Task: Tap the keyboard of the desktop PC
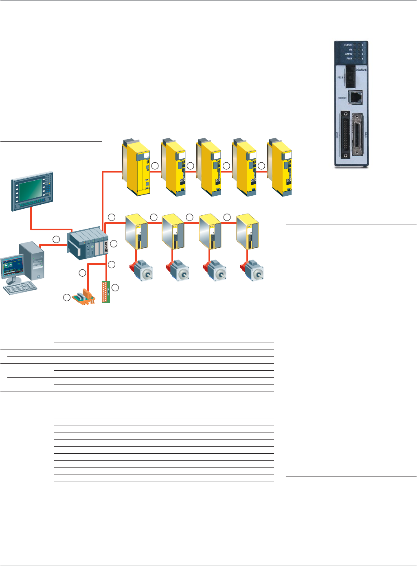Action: [x=20, y=288]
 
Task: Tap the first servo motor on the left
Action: [x=141, y=270]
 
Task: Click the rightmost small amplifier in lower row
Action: [x=247, y=231]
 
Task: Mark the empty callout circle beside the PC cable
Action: [x=56, y=239]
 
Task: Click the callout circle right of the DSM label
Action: [x=114, y=244]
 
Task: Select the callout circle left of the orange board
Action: [x=66, y=298]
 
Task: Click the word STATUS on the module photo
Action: [x=348, y=45]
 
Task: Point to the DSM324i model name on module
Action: [x=360, y=70]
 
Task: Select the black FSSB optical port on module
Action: [x=350, y=78]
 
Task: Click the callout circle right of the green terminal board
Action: [x=115, y=288]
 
